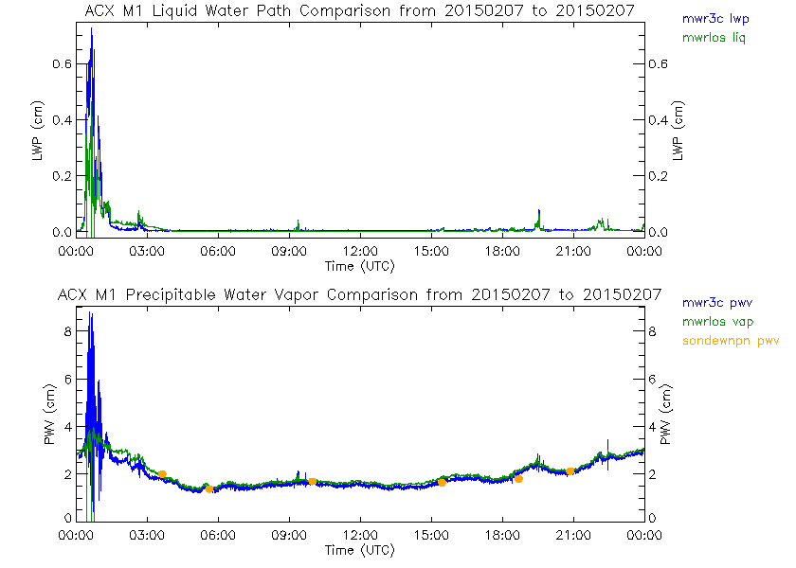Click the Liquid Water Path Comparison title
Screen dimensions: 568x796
(359, 10)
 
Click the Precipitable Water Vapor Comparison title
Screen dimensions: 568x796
(359, 294)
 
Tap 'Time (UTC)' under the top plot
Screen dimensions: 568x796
(359, 265)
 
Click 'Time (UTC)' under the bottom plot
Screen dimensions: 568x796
(359, 549)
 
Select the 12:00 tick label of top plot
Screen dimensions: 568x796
(359, 251)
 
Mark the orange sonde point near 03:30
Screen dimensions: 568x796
(162, 474)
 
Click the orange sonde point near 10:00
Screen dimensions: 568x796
(312, 481)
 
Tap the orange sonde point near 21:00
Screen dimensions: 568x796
(570, 470)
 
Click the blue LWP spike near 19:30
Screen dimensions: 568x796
(539, 212)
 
